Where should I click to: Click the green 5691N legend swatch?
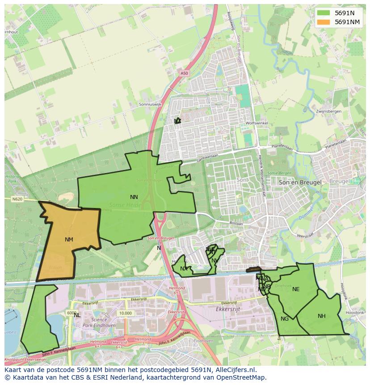point(324,13)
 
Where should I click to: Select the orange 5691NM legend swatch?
point(324,22)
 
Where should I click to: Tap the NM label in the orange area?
point(69,240)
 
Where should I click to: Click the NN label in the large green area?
point(134,197)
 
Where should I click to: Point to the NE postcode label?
point(296,289)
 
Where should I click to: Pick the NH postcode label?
point(322,316)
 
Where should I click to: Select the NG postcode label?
point(285,319)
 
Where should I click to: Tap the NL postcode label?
point(77,315)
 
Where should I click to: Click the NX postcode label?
point(184,269)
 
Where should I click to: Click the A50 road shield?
point(185,73)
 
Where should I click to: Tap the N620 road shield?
point(17,199)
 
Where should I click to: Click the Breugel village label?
point(338,182)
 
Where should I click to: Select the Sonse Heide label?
point(125,205)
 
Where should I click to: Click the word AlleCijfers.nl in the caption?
point(234,370)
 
